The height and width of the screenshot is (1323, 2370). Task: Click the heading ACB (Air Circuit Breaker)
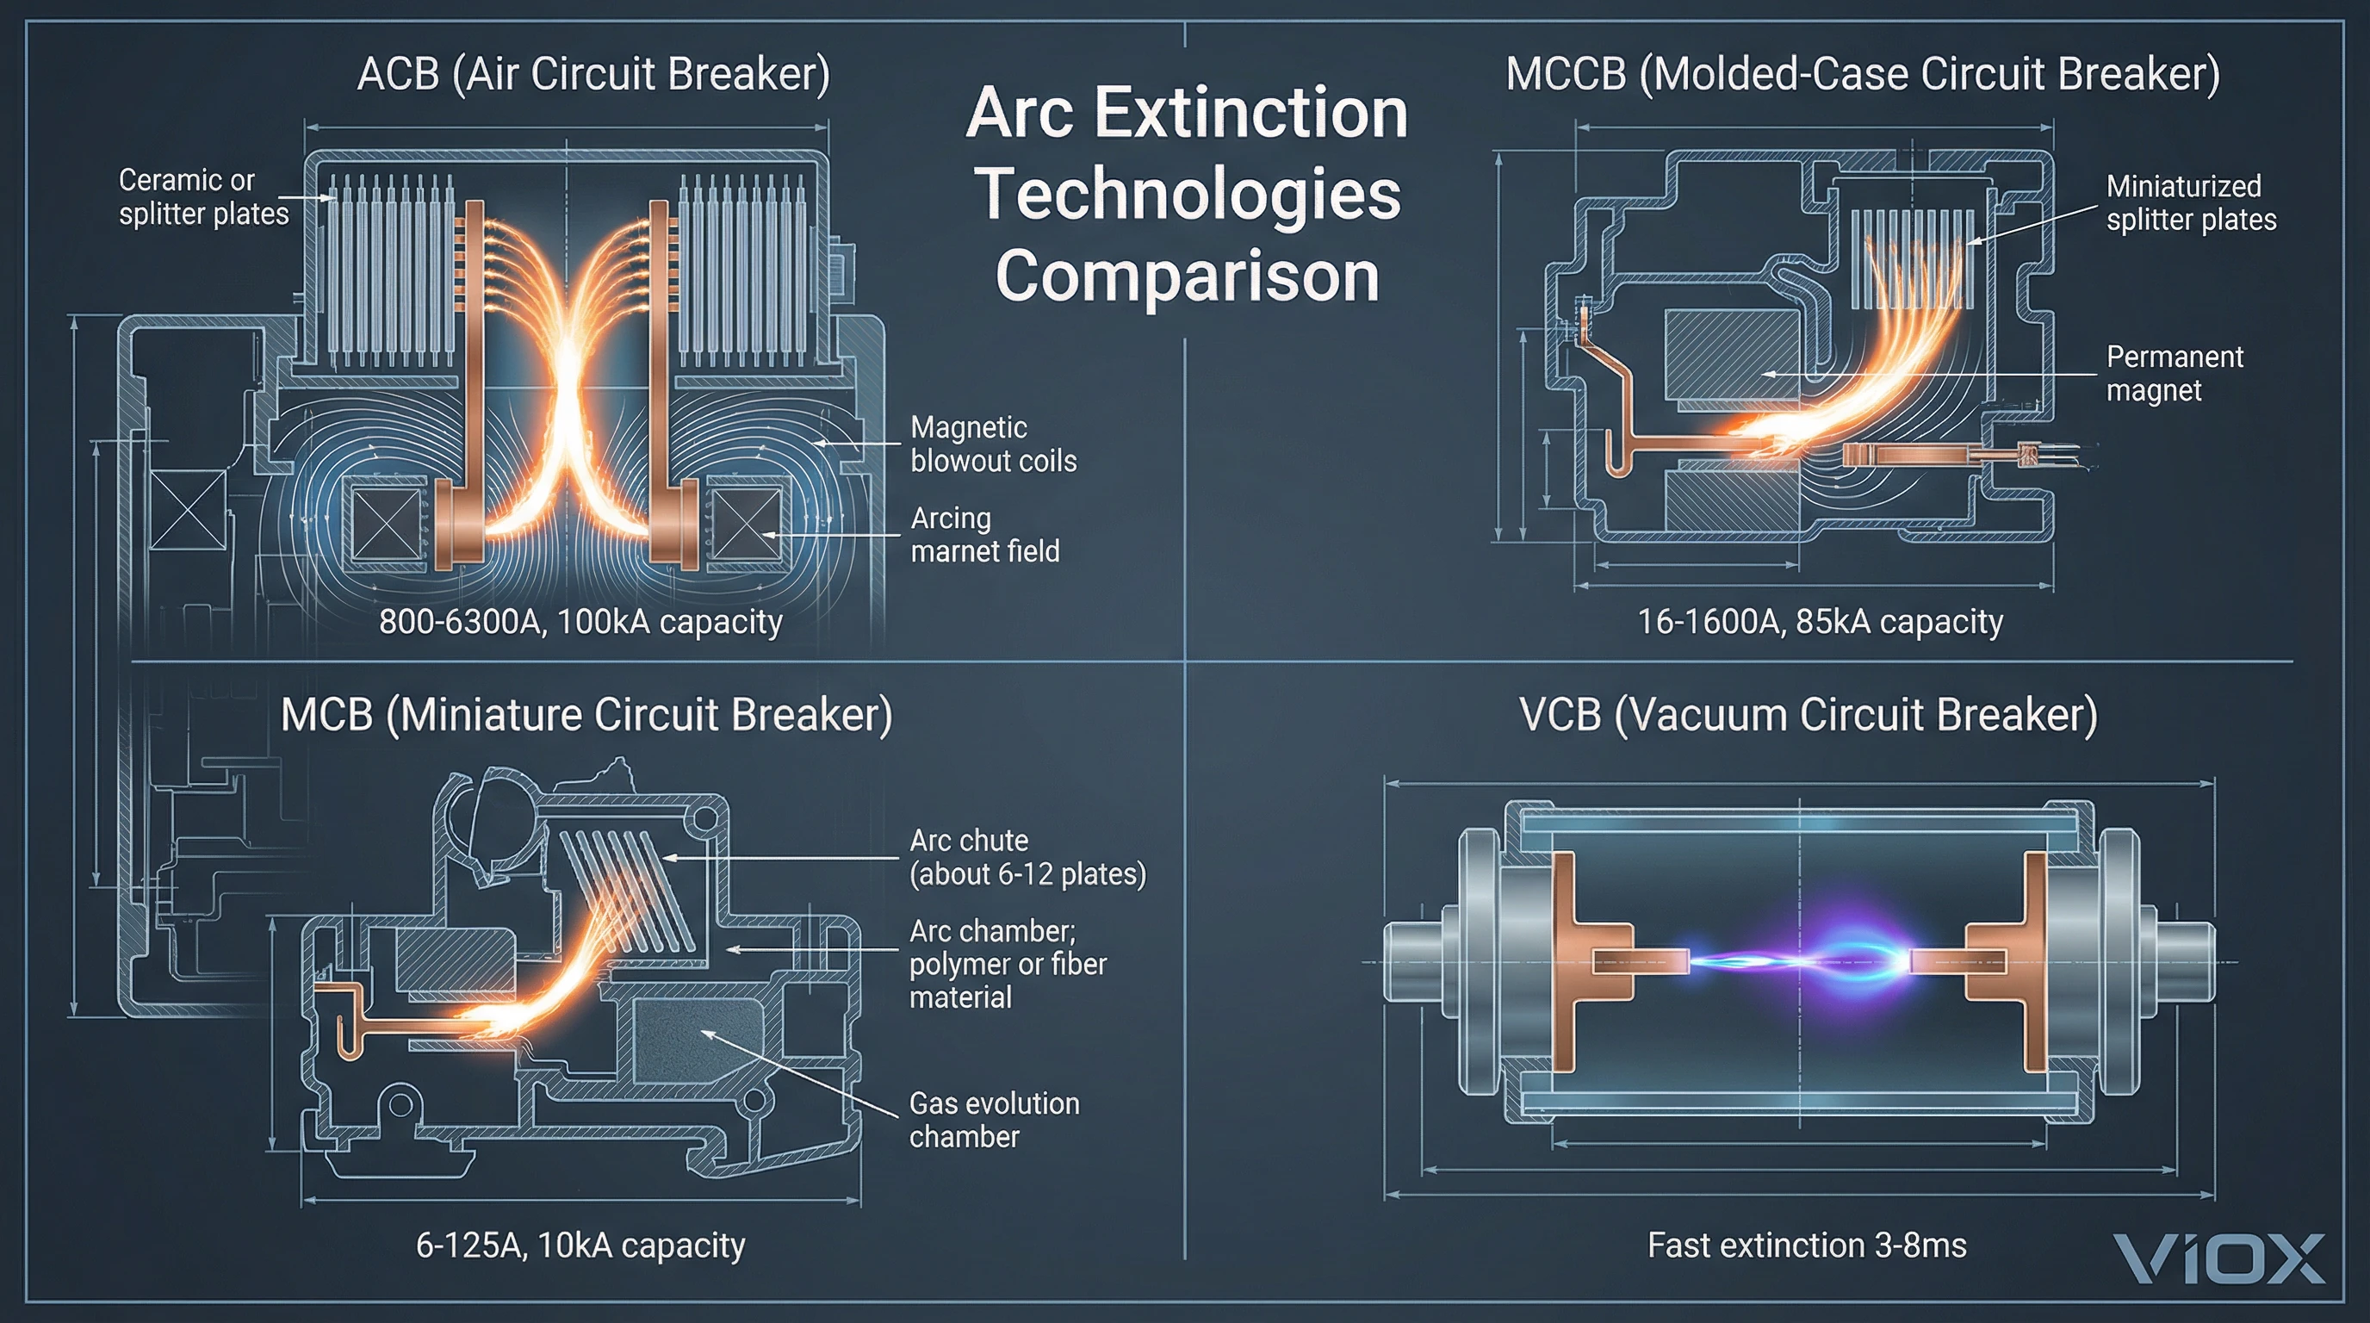click(x=593, y=73)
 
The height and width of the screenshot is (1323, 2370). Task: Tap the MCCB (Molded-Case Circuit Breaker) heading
click(x=1862, y=73)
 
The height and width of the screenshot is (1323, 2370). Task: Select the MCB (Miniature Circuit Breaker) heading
click(x=586, y=714)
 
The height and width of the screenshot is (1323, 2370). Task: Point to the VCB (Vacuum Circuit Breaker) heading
click(x=1808, y=714)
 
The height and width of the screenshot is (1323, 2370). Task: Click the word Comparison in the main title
click(x=1187, y=276)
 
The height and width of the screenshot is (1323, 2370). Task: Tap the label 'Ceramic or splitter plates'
click(x=203, y=197)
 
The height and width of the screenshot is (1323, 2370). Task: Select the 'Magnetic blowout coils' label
click(x=993, y=444)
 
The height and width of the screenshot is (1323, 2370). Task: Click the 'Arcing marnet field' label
click(x=984, y=535)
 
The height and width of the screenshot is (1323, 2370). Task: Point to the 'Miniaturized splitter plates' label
click(x=2191, y=203)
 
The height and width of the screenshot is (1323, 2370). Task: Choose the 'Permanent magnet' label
click(x=2174, y=373)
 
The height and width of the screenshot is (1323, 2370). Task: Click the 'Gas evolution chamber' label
click(x=994, y=1120)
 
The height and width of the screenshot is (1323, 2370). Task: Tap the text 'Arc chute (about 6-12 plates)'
click(x=1027, y=856)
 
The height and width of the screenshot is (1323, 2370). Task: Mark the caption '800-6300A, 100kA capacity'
click(x=580, y=622)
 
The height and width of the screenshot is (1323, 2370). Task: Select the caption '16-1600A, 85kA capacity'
click(x=1819, y=622)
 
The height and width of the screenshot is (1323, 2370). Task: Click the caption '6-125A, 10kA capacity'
click(x=580, y=1245)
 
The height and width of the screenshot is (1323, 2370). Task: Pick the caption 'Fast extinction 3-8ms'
click(x=1806, y=1245)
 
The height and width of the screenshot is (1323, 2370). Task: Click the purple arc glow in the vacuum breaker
click(x=1831, y=960)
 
